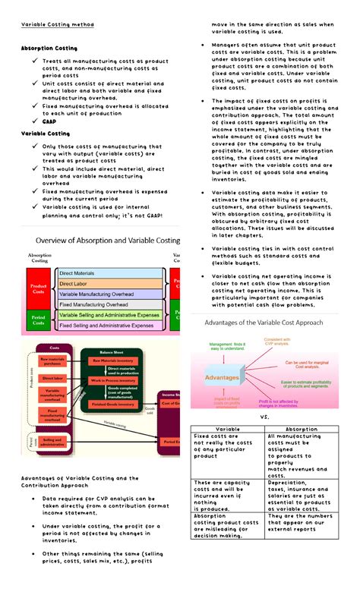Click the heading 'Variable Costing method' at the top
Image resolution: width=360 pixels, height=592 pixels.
click(x=58, y=24)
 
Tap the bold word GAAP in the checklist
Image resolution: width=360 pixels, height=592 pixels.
click(x=50, y=121)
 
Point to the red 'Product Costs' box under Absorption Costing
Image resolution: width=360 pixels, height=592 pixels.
click(x=39, y=288)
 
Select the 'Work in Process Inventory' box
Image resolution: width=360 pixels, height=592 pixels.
click(x=116, y=379)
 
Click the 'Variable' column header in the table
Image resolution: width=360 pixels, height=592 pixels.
click(x=228, y=429)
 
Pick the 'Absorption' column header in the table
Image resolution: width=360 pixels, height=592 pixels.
click(x=302, y=429)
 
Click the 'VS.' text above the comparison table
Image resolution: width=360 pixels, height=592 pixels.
click(x=265, y=417)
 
